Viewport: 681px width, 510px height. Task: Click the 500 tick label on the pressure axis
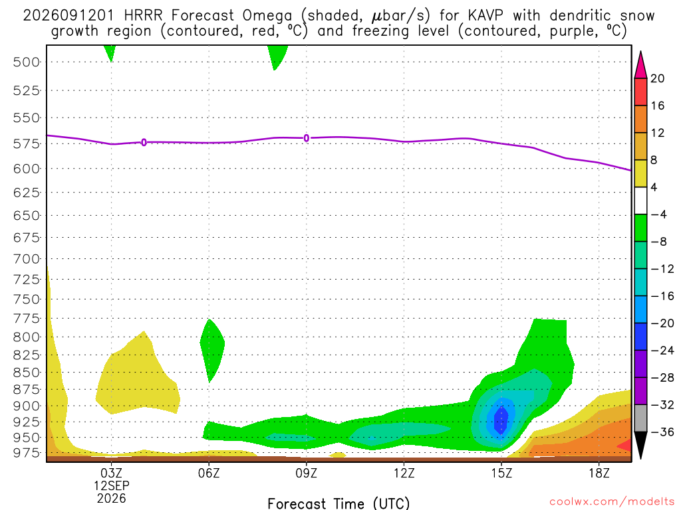point(26,62)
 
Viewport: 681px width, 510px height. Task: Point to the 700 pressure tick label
point(26,259)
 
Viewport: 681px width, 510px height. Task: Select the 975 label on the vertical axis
point(26,452)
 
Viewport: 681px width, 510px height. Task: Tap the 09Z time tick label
point(306,473)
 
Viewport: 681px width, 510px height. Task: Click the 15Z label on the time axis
point(501,473)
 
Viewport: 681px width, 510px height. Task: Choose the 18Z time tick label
point(599,473)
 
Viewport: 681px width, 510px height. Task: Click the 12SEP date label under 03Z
point(112,485)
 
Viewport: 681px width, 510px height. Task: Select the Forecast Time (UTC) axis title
point(339,503)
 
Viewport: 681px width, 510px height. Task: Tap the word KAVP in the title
point(485,16)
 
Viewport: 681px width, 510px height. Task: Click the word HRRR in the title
point(143,16)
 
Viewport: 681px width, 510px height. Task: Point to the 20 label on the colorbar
point(657,78)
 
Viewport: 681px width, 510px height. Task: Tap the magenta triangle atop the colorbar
point(640,66)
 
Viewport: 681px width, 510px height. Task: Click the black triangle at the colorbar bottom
point(640,444)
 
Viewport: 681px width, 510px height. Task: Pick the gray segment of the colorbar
point(640,418)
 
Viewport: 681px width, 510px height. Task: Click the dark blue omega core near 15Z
point(501,420)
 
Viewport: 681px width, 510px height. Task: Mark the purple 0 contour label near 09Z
point(306,138)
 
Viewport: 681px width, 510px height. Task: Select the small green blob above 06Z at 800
point(212,351)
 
